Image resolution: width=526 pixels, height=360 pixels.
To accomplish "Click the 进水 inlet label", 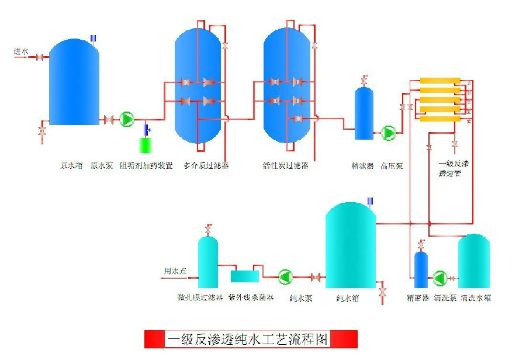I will [x=21, y=52].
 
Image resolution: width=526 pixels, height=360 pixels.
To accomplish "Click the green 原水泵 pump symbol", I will [x=127, y=119].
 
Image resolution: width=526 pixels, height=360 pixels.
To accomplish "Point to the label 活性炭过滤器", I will [x=285, y=166].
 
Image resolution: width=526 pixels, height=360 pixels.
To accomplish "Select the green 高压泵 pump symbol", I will [x=388, y=133].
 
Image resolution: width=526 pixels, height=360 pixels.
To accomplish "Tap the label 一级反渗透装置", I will [x=454, y=169].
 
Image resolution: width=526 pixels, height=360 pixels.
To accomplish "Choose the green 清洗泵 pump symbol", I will [x=440, y=279].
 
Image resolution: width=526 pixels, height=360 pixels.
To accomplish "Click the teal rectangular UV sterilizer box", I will [x=245, y=276].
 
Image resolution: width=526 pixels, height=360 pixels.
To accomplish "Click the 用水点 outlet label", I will [x=175, y=271].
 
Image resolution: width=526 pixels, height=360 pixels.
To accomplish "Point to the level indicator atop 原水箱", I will [x=93, y=39].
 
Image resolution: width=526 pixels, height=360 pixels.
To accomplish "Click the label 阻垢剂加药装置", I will [x=146, y=166].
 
